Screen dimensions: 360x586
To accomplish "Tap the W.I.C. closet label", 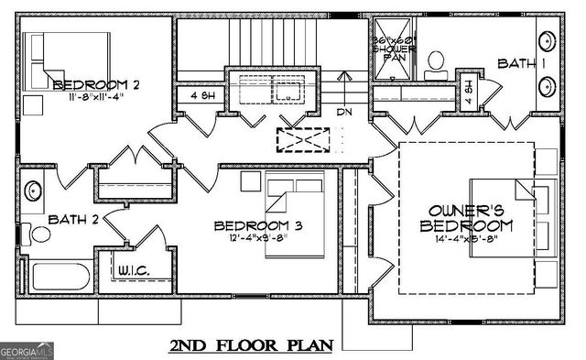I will [134, 270].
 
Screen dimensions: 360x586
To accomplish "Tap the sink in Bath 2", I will [32, 192].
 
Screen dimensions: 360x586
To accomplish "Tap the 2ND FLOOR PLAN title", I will [251, 345].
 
